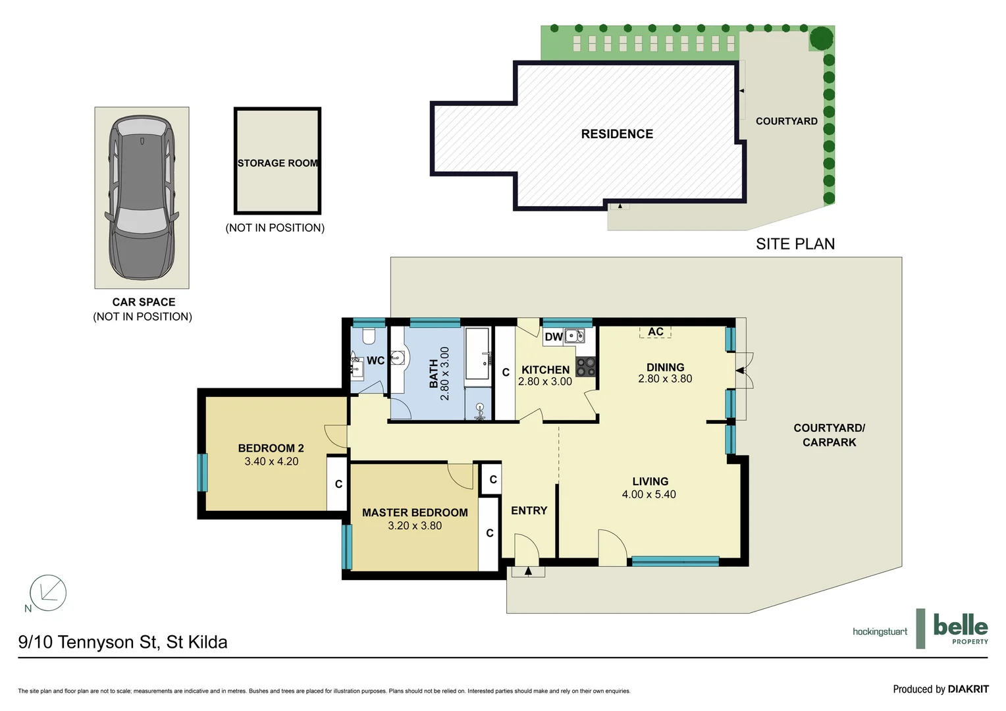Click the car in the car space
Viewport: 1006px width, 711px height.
[142, 197]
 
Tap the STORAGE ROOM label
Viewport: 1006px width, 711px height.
[277, 163]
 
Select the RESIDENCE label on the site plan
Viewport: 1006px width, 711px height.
[617, 134]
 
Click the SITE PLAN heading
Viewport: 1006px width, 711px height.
[795, 244]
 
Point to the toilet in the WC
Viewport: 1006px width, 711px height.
[369, 336]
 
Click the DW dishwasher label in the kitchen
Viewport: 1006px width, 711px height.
[553, 337]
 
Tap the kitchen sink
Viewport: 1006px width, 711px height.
[574, 336]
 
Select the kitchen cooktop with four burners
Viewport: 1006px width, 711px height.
[586, 367]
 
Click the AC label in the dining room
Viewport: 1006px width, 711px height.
[656, 332]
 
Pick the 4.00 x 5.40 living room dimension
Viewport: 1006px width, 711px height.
[649, 494]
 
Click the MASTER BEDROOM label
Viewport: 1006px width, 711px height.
[415, 513]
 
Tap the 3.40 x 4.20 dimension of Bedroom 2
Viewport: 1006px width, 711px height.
[271, 461]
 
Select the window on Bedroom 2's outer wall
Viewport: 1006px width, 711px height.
[203, 472]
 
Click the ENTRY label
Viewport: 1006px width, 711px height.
[529, 511]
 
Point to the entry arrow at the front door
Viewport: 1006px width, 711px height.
[528, 571]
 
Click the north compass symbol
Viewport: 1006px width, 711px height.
[48, 592]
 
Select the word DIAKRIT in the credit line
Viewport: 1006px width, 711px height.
[968, 689]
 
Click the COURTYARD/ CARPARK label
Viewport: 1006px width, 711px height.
[829, 435]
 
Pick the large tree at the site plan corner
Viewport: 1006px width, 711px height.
[821, 38]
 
